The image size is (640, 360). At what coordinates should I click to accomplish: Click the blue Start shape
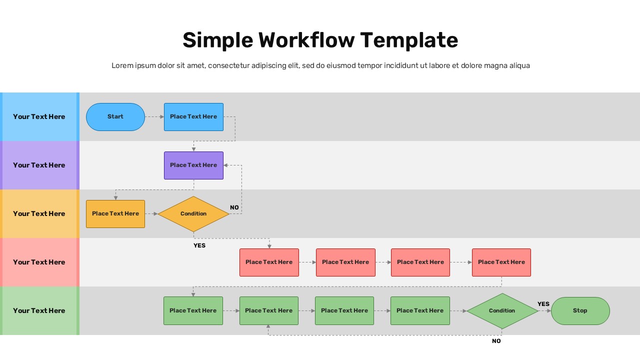click(115, 117)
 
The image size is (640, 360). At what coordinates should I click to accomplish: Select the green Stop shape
click(580, 310)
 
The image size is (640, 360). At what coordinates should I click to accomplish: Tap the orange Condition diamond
click(193, 214)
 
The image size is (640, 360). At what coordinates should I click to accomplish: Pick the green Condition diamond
click(502, 310)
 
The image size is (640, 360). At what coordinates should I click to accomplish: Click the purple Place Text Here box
click(193, 165)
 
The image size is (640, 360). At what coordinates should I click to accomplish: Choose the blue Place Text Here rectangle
click(193, 117)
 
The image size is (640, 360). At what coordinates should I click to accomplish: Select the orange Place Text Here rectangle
click(115, 214)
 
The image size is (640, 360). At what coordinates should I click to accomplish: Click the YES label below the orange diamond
click(199, 245)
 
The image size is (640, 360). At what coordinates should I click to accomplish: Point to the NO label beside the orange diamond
click(234, 207)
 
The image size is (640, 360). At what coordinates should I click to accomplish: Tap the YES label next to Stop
click(543, 304)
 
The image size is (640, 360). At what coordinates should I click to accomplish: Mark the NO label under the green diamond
click(496, 341)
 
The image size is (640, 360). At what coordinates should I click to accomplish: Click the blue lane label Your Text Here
click(39, 117)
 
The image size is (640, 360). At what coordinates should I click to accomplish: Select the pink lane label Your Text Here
click(39, 262)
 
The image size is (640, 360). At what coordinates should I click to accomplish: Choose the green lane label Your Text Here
click(39, 310)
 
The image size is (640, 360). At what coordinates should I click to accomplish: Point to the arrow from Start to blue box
click(154, 117)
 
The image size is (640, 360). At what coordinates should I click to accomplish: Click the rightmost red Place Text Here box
click(501, 262)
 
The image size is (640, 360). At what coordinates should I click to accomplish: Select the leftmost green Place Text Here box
click(193, 310)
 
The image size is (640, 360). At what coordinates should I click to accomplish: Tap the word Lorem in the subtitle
click(122, 65)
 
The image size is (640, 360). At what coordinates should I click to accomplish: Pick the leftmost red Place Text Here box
click(269, 262)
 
